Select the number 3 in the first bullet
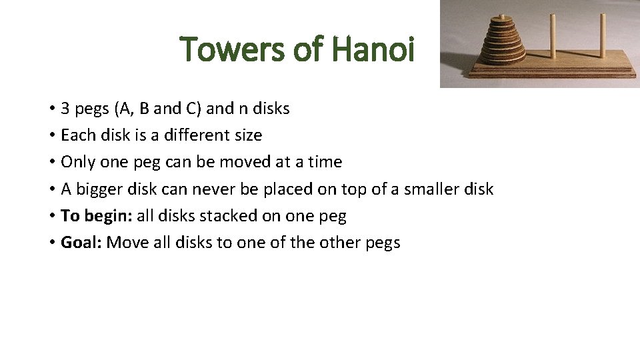click(x=65, y=109)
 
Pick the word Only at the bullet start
click(x=75, y=162)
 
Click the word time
click(x=324, y=162)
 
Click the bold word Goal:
click(x=81, y=243)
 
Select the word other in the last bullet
click(x=337, y=243)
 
